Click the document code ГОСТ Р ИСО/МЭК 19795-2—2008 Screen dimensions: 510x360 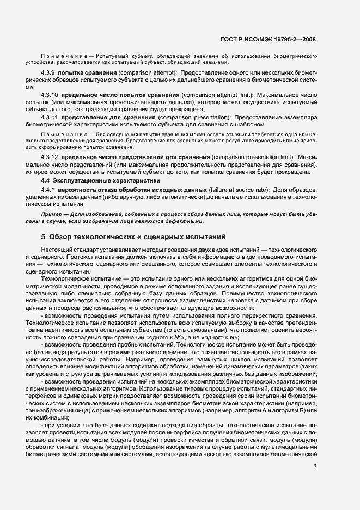pos(276,39)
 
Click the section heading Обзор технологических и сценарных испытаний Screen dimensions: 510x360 pos(137,237)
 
